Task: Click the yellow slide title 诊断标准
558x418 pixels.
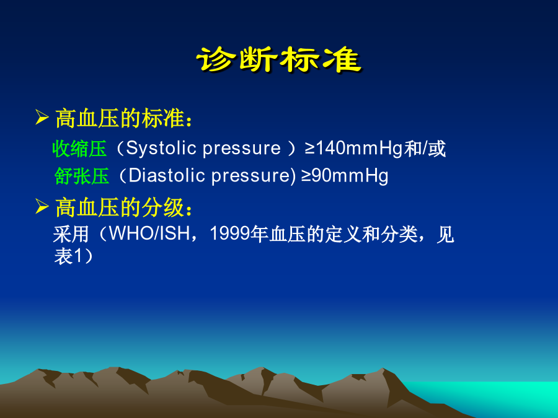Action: pos(279,60)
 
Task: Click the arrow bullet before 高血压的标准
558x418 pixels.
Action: pos(42,118)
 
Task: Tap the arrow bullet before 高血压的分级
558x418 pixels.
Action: pos(42,206)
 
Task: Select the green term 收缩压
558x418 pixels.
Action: pos(79,149)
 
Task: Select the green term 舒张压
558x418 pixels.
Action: pos(82,176)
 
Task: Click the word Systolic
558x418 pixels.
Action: pos(162,149)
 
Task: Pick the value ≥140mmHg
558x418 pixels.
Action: pos(354,149)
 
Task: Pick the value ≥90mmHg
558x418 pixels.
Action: pos(345,176)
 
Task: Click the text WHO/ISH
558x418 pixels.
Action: pos(149,233)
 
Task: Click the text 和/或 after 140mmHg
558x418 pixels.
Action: pos(425,149)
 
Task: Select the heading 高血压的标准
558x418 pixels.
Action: pos(120,118)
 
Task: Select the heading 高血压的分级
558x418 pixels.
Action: pos(120,207)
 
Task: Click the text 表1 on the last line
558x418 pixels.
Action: pos(69,256)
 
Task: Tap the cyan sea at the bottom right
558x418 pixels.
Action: pos(498,394)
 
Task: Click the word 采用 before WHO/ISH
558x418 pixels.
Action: pos(71,234)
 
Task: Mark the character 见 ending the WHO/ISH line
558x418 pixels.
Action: pos(445,234)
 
